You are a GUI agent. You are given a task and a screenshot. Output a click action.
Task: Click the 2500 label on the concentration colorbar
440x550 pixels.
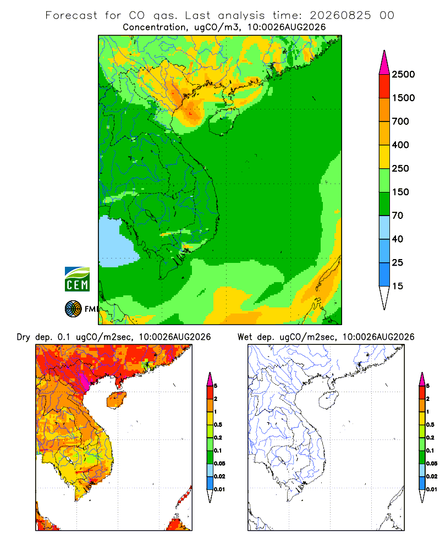403,74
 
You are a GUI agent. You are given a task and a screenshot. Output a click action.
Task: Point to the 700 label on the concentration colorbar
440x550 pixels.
400,122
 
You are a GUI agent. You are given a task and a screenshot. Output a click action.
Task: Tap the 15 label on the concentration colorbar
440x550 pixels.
398,286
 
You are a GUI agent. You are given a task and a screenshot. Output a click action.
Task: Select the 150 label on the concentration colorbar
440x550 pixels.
400,192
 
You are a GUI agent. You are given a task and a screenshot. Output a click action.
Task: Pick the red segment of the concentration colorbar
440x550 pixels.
384,86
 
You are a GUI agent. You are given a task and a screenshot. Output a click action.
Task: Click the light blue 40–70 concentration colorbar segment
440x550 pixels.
384,227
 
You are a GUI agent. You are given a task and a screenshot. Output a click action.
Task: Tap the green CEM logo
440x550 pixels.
77,279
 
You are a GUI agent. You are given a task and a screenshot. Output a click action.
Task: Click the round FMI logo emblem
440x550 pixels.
73,309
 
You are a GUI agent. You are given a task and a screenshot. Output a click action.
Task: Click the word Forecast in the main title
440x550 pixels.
71,15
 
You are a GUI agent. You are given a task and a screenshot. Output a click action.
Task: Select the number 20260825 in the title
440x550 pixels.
340,15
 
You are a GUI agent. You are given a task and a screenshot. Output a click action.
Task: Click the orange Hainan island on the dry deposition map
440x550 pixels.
116,400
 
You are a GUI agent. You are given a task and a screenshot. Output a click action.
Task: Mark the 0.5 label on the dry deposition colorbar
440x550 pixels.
218,425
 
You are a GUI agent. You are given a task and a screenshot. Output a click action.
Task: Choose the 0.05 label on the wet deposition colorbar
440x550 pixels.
432,463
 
